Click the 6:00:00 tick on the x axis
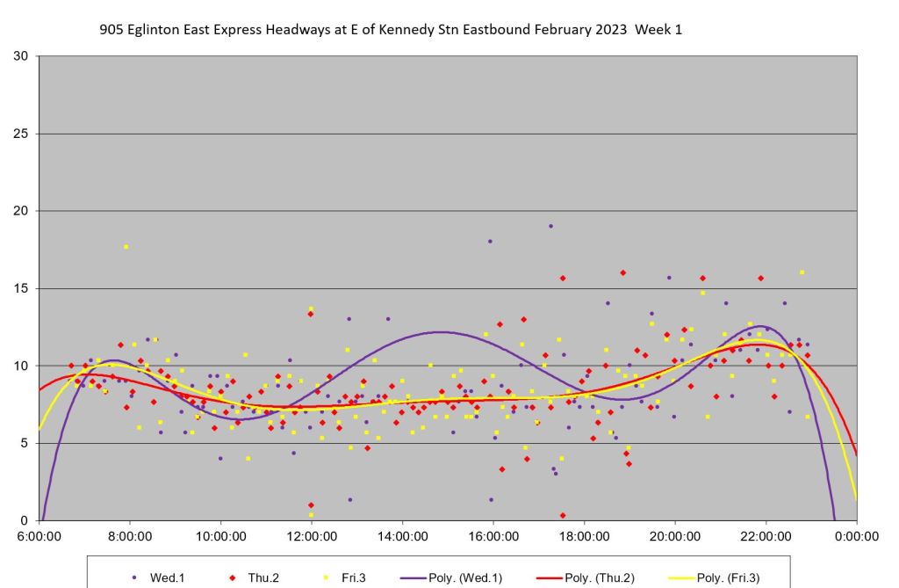click(x=39, y=534)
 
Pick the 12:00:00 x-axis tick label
click(x=311, y=534)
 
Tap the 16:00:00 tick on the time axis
click(x=493, y=534)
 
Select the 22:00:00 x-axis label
click(x=766, y=534)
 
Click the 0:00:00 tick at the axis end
click(x=856, y=534)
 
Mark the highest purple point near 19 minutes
click(x=550, y=226)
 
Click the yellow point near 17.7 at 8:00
click(x=126, y=247)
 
